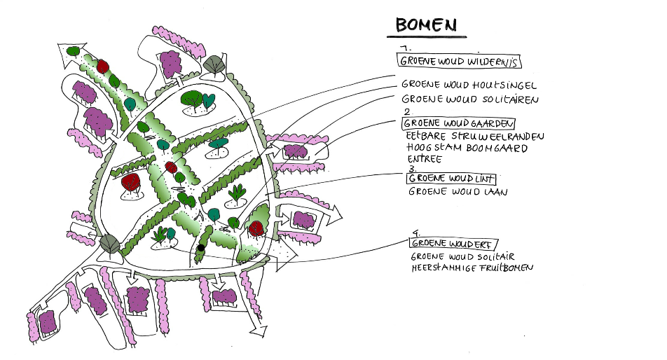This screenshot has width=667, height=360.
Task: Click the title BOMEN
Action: (426, 25)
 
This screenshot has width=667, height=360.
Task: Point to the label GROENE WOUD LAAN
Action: (458, 191)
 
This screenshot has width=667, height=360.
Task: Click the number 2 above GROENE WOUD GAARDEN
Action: (407, 112)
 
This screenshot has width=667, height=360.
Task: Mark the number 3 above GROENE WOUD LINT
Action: (411, 169)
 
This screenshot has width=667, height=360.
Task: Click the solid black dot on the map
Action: (200, 247)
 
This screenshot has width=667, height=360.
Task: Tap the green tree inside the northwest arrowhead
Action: (72, 50)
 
